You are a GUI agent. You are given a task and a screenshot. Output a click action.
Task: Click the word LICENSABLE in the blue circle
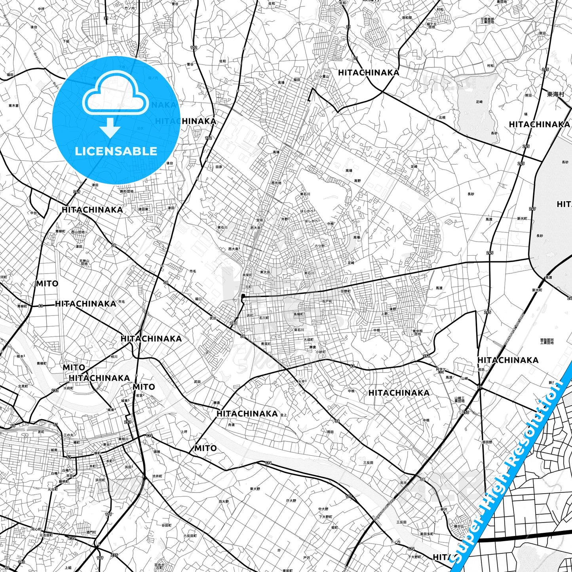116,151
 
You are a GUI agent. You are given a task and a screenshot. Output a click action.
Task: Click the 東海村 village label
555,94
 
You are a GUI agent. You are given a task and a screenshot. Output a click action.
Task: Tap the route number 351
426,356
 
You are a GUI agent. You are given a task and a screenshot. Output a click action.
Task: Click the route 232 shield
55,390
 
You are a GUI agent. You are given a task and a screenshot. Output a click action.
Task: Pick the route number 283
234,323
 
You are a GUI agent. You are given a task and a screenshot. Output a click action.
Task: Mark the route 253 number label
127,422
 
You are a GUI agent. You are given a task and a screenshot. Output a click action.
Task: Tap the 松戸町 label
327,302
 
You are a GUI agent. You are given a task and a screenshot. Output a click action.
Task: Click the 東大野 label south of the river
255,489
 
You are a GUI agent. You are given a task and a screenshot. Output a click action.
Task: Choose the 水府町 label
69,388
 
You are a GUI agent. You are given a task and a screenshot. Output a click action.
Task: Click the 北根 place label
442,118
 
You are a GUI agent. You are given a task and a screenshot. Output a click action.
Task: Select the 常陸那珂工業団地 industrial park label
547,341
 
